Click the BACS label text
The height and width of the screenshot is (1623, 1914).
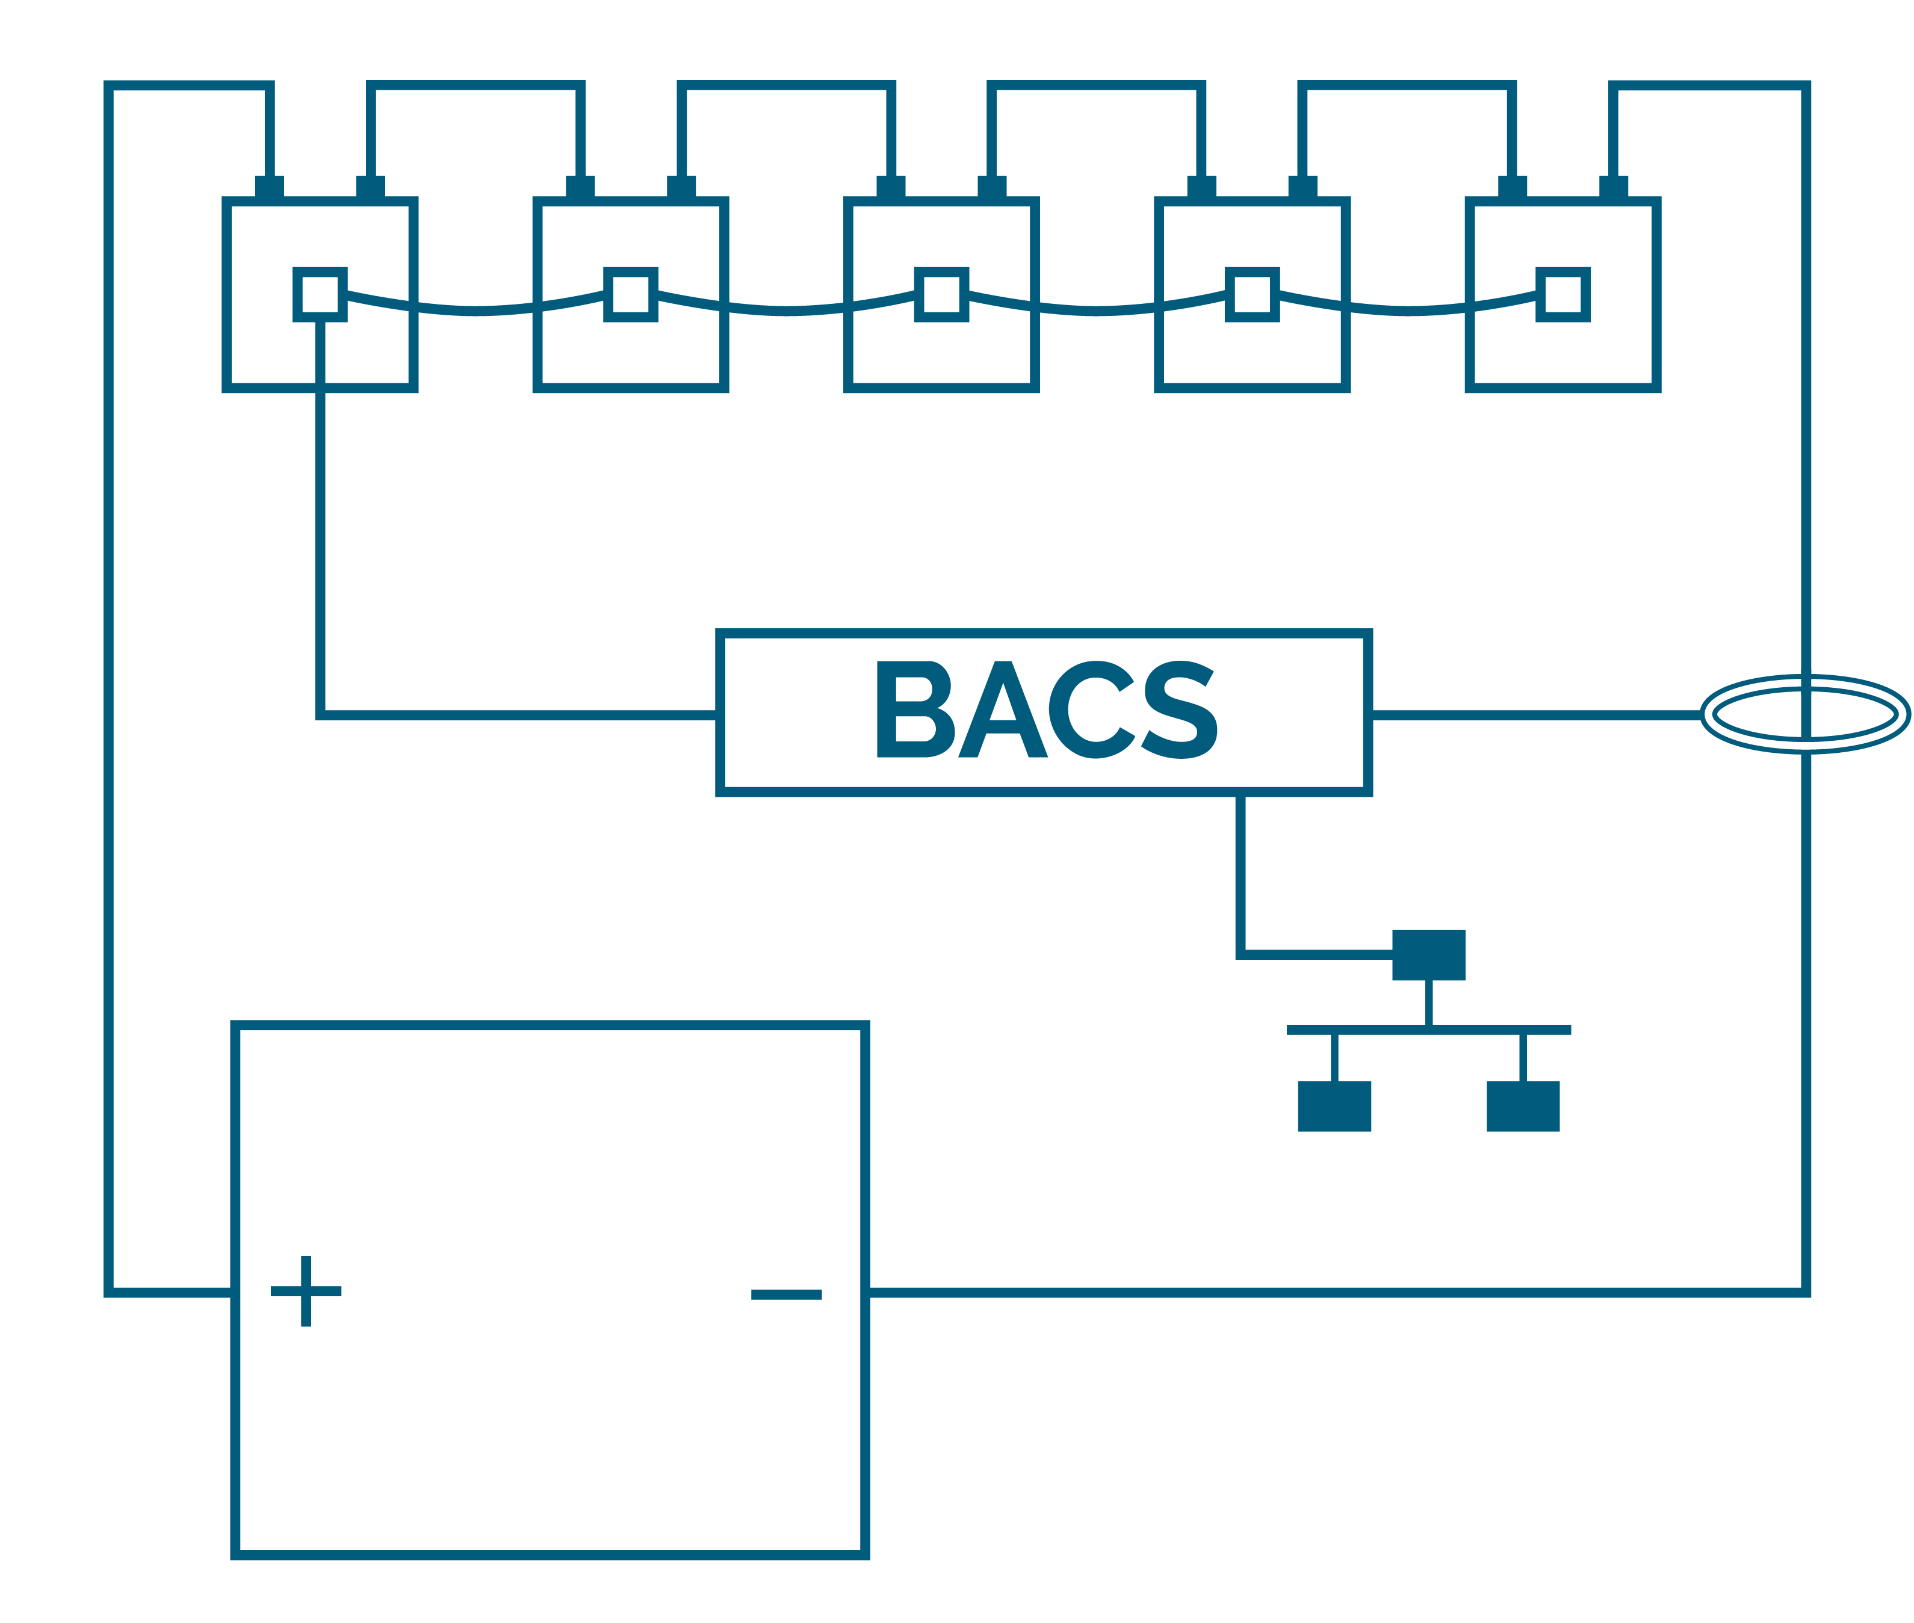tap(1046, 709)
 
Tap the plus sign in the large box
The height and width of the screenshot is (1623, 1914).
tap(306, 1291)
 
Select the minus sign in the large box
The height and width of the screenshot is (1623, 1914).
tap(786, 1294)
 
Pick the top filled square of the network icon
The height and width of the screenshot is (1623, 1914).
tap(1428, 955)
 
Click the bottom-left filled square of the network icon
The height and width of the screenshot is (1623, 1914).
tap(1334, 1106)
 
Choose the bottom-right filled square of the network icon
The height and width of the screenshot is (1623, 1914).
tap(1523, 1106)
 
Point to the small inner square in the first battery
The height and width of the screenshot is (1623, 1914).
tap(320, 294)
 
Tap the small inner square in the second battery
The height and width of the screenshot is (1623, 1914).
tap(630, 294)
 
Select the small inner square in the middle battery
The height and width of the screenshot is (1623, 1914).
tap(941, 294)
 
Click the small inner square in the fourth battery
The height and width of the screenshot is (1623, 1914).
tap(1253, 294)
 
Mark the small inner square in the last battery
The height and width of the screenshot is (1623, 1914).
tap(1564, 294)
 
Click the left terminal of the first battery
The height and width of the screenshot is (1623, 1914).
tap(270, 187)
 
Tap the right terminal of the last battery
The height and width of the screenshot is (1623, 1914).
tap(1613, 187)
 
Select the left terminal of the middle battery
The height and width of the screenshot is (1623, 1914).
tap(891, 187)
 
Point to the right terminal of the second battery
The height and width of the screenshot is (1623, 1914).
tap(681, 187)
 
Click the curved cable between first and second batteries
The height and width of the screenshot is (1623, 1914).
tap(475, 310)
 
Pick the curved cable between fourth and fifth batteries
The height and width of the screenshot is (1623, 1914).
tap(1408, 310)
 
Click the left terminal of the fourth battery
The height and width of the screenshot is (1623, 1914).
tap(1202, 187)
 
